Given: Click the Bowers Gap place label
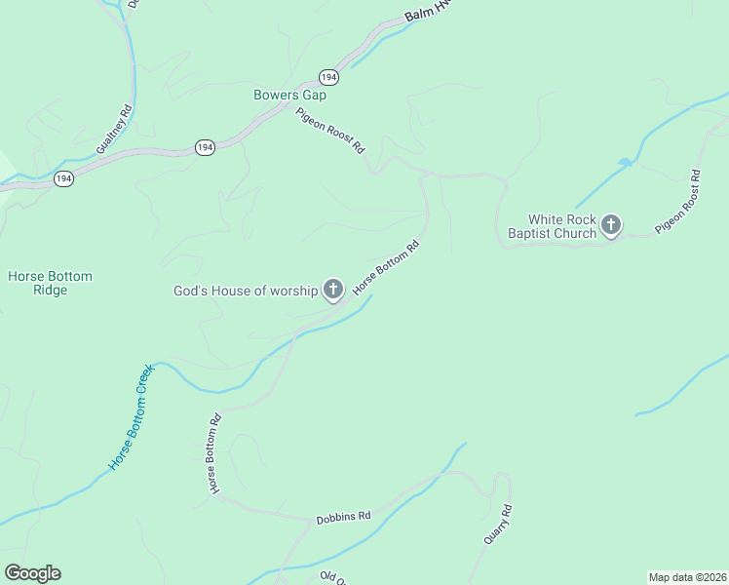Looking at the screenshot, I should pyautogui.click(x=289, y=96).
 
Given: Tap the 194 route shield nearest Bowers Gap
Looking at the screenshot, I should pyautogui.click(x=328, y=77).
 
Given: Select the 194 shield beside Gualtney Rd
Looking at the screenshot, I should pyautogui.click(x=204, y=147).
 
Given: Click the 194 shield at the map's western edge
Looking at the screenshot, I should pyautogui.click(x=63, y=178).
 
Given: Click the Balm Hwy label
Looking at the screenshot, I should pyautogui.click(x=429, y=13).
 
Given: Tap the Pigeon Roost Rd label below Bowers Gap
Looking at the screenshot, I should pyautogui.click(x=330, y=132).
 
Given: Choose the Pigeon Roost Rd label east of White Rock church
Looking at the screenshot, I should pyautogui.click(x=677, y=202).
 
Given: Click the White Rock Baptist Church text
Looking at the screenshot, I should pyautogui.click(x=552, y=226).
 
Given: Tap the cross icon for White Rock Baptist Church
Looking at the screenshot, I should pyautogui.click(x=610, y=226).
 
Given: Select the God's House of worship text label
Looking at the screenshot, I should pyautogui.click(x=246, y=291).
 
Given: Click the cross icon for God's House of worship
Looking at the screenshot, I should pyautogui.click(x=333, y=289).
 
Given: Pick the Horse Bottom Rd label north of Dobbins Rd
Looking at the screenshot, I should pyautogui.click(x=213, y=452).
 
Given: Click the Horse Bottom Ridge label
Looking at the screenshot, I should pyautogui.click(x=50, y=283).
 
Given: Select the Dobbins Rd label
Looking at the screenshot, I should pyautogui.click(x=344, y=518).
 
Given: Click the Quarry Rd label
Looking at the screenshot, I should pyautogui.click(x=498, y=526).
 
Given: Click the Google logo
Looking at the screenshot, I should pyautogui.click(x=32, y=573).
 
